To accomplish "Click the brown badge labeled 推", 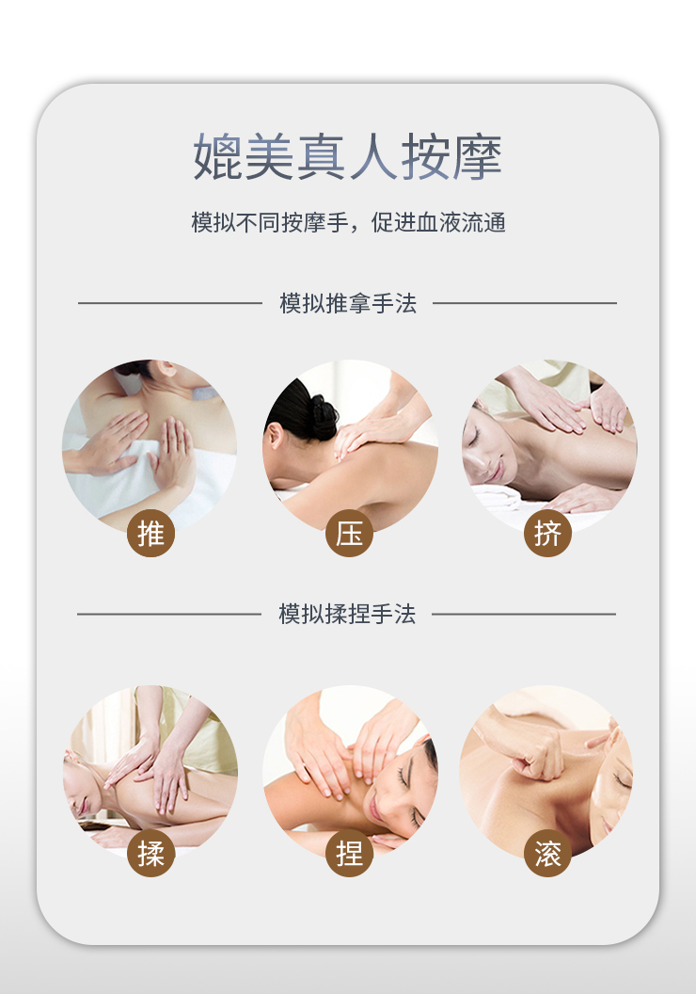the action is pyautogui.click(x=150, y=533).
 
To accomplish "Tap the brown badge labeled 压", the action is pyautogui.click(x=349, y=533).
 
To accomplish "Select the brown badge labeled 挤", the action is pyautogui.click(x=547, y=533).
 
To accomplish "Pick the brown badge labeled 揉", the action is pyautogui.click(x=150, y=853).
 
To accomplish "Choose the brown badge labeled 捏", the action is pyautogui.click(x=349, y=853).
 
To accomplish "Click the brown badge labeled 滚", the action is pyautogui.click(x=547, y=853).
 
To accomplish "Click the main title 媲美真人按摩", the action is pyautogui.click(x=348, y=156).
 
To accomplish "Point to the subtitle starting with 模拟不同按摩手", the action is pyautogui.click(x=348, y=222).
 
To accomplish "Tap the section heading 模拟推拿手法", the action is pyautogui.click(x=348, y=303).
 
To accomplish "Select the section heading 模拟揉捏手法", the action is pyautogui.click(x=347, y=614).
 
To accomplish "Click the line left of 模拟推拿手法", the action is pyautogui.click(x=169, y=303).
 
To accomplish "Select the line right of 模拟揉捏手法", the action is pyautogui.click(x=524, y=614).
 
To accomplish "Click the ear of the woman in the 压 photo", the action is pyautogui.click(x=276, y=437).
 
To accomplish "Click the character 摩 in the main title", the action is pyautogui.click(x=477, y=156).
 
